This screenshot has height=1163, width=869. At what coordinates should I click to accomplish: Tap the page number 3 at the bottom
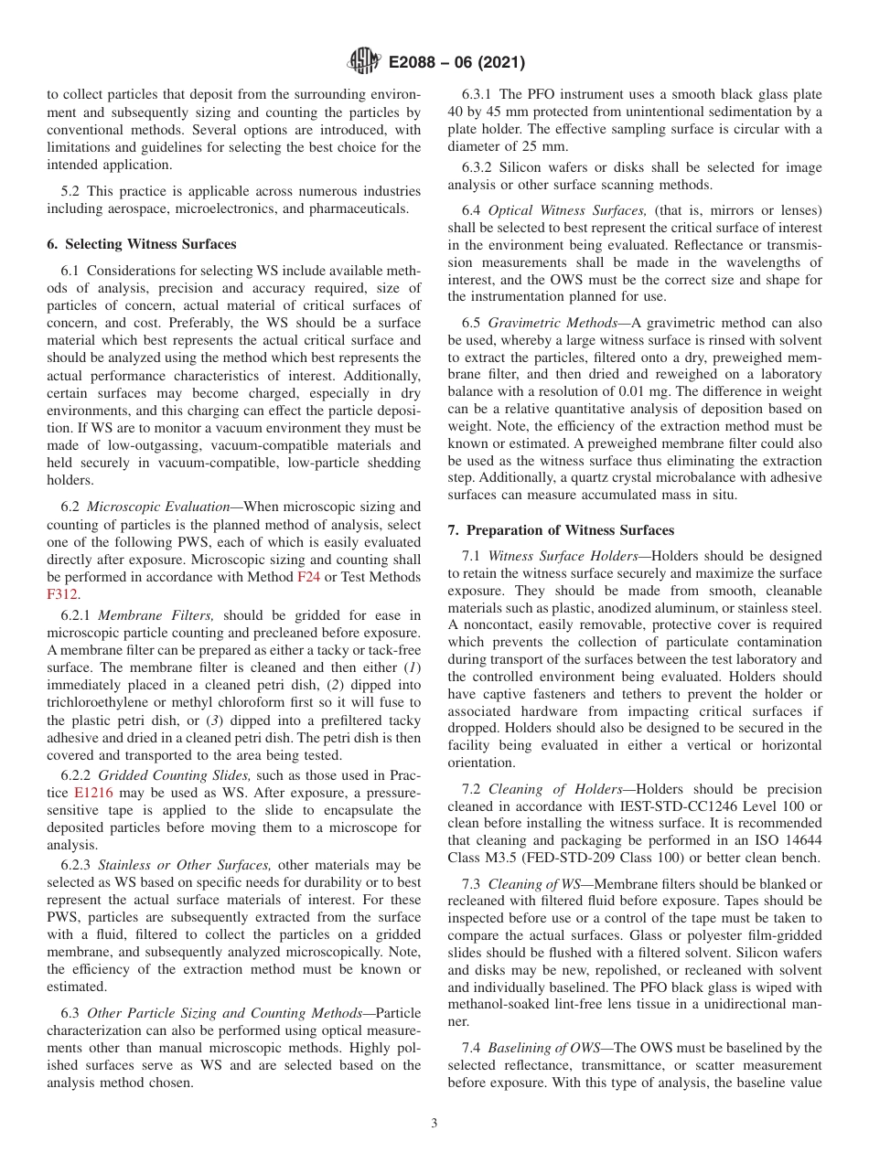click(x=434, y=1124)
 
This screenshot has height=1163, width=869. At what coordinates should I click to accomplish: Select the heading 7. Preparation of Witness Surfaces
click(x=561, y=530)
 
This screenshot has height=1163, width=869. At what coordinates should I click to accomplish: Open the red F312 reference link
click(x=63, y=593)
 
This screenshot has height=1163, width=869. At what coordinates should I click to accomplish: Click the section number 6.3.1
click(x=480, y=94)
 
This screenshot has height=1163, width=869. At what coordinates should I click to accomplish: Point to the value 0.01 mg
click(x=615, y=392)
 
